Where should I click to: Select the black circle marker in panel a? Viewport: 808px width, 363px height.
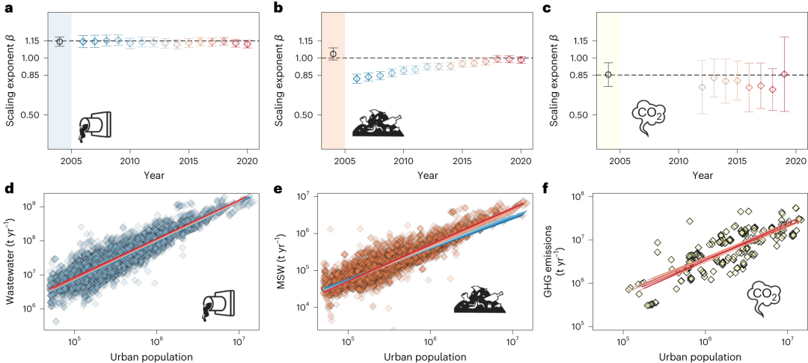60,41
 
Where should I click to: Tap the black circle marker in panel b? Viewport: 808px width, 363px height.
334,54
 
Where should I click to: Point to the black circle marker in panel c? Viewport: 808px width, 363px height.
608,74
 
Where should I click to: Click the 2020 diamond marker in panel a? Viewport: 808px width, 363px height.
247,44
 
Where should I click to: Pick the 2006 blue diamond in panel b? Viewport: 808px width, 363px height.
357,78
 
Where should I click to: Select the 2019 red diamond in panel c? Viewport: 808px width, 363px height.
785,74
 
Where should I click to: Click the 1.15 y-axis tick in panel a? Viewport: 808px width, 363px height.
31,40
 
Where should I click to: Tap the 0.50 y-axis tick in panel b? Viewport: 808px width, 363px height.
306,115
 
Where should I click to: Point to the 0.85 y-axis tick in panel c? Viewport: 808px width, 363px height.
579,75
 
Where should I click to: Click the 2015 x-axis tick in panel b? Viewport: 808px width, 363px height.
462,161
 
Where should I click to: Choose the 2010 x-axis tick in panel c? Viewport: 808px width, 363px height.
678,161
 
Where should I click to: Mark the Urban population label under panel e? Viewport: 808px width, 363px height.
427,356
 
